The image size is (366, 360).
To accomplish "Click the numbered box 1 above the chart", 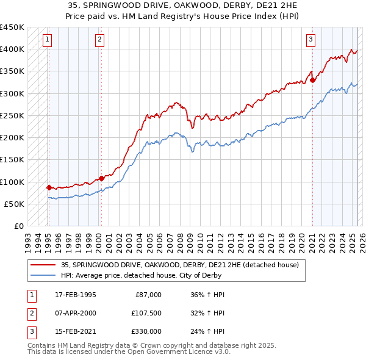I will click(x=48, y=40).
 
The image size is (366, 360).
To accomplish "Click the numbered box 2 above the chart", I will click(x=99, y=40).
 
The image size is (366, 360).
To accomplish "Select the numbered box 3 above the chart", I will click(x=310, y=40).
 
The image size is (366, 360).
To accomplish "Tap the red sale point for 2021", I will click(x=312, y=79).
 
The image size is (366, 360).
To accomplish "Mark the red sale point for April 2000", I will click(x=101, y=178).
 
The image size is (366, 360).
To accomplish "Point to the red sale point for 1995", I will click(x=49, y=187).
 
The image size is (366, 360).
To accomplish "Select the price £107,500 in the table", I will click(x=146, y=314).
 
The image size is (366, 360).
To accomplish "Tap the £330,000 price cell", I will click(x=146, y=333).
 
